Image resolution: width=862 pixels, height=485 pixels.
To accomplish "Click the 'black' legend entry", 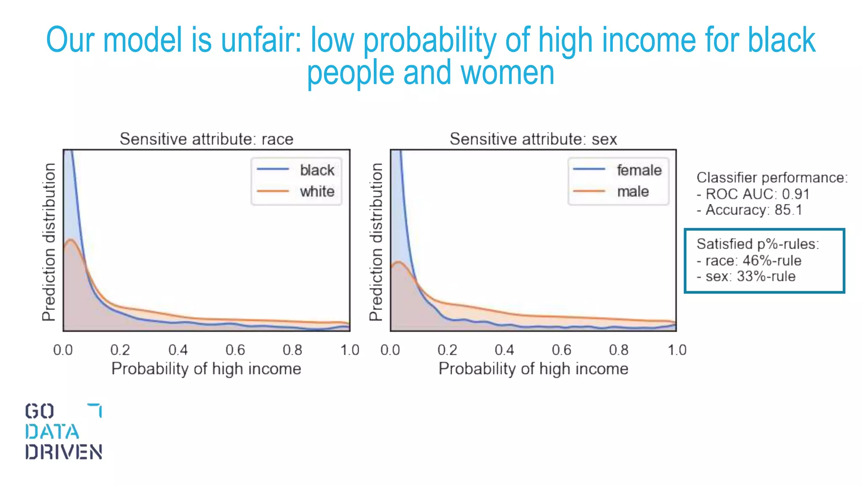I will coord(317,170).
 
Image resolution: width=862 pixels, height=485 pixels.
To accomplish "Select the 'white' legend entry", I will coord(317,192).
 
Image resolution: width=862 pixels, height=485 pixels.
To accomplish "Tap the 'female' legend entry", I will coord(639,170).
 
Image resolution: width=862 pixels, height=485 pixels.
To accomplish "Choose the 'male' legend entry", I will coord(633,192).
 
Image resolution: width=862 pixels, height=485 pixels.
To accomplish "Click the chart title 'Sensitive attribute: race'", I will coord(206,139).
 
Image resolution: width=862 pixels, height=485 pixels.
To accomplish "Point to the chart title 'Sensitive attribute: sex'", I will coord(533,139).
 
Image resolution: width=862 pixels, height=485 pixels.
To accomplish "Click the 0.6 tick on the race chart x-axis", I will coord(235,350).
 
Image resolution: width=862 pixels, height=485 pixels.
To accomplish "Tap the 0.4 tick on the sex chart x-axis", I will coord(504,350).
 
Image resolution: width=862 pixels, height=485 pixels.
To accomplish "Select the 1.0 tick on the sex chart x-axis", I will coord(677,350).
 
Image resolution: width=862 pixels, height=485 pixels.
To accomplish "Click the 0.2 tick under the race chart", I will coord(120,350).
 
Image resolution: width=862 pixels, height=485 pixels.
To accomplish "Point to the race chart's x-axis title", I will coord(206,369).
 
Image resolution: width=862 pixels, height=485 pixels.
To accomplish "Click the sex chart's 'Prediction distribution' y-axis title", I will coord(376,242).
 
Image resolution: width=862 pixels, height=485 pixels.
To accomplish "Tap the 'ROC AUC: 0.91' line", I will coord(753,194).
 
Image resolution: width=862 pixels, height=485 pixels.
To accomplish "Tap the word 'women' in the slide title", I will coord(507,73).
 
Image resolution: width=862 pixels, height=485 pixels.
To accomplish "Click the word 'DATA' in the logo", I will coord(52,432).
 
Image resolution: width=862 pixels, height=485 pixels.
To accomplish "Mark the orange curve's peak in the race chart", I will coord(71,240).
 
